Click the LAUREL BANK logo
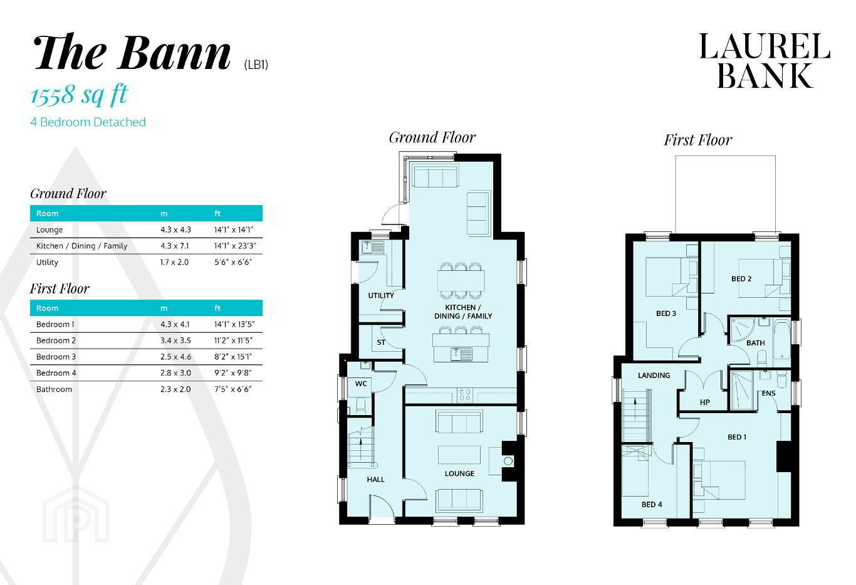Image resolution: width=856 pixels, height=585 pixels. [x=765, y=60]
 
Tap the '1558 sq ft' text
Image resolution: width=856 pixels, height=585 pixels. [x=79, y=95]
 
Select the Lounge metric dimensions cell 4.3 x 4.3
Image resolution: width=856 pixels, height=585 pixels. [x=176, y=229]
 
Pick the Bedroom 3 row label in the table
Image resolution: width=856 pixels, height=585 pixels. [x=56, y=357]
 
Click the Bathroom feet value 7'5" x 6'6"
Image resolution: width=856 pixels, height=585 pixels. [x=232, y=389]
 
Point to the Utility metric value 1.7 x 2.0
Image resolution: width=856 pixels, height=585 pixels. [x=174, y=262]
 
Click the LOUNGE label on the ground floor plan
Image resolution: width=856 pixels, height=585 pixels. [x=459, y=473]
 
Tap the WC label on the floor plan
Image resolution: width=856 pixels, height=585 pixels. [x=361, y=384]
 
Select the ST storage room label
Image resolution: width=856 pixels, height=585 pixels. [x=381, y=342]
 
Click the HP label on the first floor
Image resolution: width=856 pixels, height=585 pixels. [x=705, y=403]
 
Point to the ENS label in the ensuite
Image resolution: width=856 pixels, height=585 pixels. [x=768, y=393]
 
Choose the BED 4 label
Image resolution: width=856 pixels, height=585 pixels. [x=652, y=504]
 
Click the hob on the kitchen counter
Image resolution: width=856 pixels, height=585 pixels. [x=465, y=395]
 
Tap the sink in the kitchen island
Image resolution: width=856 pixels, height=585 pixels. [x=461, y=354]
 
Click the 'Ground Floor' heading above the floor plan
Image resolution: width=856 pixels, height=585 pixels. [x=432, y=137]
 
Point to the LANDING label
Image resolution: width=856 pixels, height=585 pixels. [x=654, y=376]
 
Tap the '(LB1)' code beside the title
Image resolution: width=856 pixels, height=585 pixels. [x=256, y=65]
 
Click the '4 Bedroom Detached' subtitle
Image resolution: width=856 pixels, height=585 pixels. [x=88, y=122]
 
